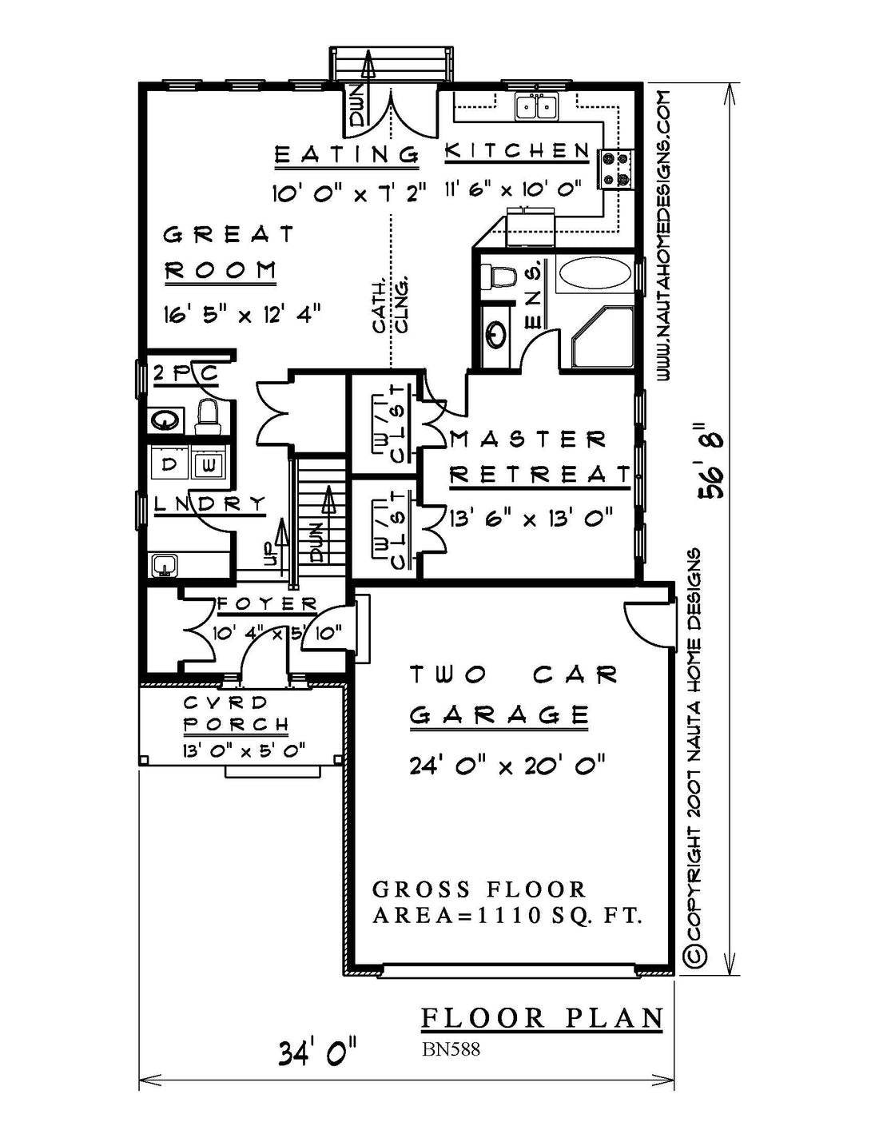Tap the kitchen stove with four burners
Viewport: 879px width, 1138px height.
tap(617, 169)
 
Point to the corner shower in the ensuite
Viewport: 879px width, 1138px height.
tap(601, 337)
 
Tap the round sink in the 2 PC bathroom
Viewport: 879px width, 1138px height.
tap(165, 420)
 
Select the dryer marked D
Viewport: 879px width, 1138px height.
tap(169, 464)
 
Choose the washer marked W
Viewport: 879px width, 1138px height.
tap(208, 464)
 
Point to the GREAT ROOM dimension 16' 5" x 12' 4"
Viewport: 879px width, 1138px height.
tap(242, 316)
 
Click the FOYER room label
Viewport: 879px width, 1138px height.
tap(267, 604)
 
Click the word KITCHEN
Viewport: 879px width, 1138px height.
tap(517, 151)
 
